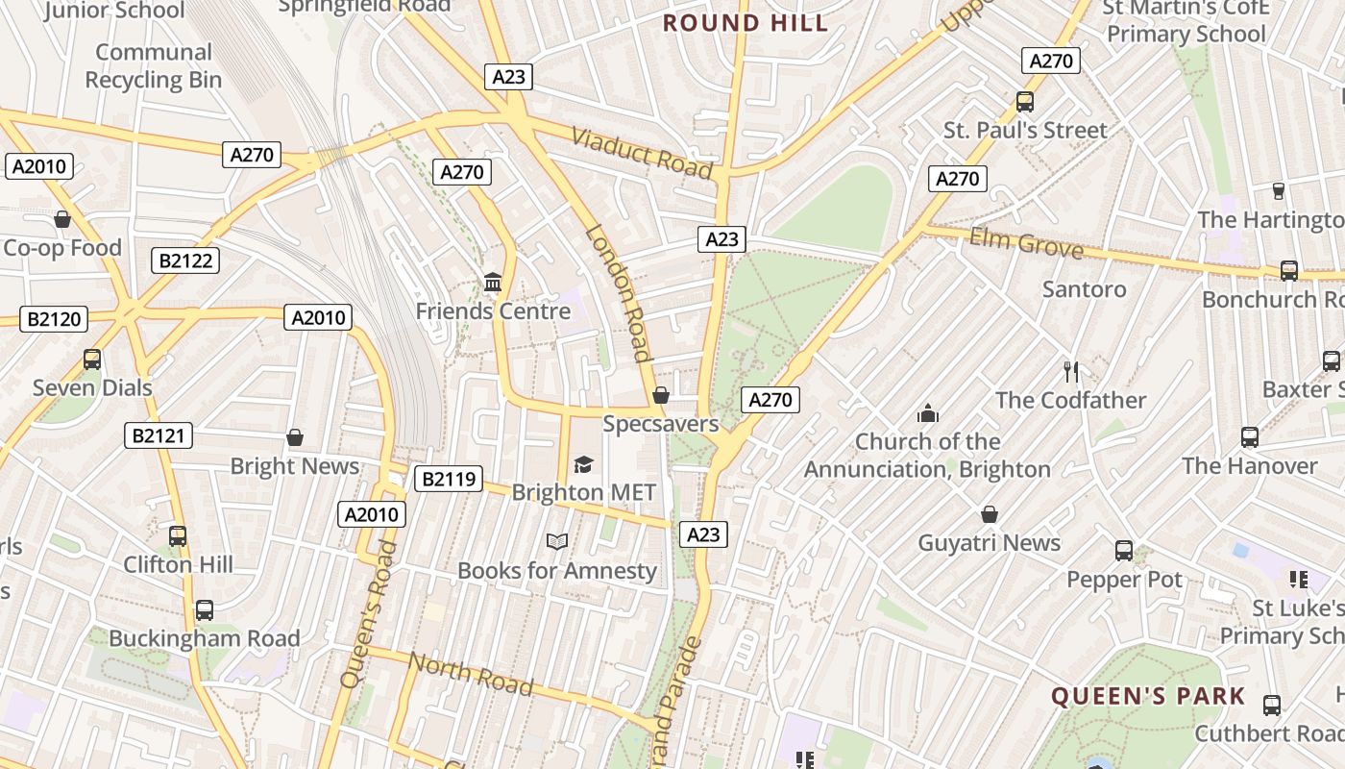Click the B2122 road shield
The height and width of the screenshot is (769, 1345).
coord(185,260)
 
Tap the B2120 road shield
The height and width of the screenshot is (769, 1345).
coord(55,319)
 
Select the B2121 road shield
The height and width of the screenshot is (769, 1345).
coord(159,435)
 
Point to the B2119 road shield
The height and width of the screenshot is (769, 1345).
coord(448,478)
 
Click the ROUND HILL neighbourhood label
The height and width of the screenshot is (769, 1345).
coord(746,23)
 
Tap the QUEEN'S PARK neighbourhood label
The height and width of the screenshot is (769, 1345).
coord(1148,696)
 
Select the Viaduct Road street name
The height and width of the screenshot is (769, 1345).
coord(643,152)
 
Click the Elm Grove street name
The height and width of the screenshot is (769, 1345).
coord(1025,243)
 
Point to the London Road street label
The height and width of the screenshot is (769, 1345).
coord(620,292)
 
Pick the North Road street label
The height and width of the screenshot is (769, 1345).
coord(471,673)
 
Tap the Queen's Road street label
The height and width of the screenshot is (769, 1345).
coord(369,614)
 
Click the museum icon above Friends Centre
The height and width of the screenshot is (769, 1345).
coord(493,282)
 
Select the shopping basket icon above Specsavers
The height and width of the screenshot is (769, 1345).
coord(661,395)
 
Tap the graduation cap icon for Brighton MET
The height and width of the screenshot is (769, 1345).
coord(583,464)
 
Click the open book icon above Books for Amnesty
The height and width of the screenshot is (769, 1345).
coord(557,541)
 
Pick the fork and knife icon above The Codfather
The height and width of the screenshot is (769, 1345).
coord(1071,371)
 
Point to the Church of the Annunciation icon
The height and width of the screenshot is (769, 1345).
coord(928,413)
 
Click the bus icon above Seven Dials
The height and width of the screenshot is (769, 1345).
coord(92,360)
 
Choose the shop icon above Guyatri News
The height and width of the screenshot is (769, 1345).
coord(990,514)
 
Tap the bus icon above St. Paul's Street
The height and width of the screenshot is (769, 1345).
coord(1025,101)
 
